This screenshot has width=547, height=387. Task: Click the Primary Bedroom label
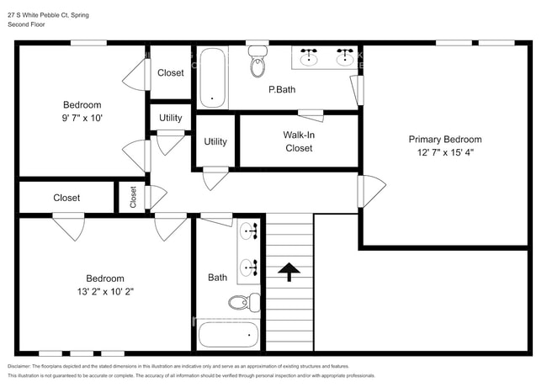click(445, 139)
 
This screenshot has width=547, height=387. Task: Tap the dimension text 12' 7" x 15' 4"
click(445, 153)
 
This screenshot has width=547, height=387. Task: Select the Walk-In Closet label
click(298, 140)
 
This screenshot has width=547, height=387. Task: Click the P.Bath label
click(280, 89)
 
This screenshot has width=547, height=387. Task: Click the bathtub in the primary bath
click(213, 77)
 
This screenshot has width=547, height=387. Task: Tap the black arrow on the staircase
click(289, 271)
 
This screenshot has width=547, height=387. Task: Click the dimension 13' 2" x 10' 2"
click(104, 292)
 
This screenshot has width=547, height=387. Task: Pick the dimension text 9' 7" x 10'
click(82, 119)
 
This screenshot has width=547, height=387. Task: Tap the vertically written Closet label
click(133, 197)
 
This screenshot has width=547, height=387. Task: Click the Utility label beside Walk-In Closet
click(215, 141)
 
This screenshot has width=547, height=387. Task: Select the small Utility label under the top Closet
click(170, 119)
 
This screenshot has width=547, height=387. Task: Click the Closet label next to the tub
click(170, 73)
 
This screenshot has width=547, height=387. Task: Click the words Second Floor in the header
click(27, 24)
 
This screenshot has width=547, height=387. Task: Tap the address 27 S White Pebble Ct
click(42, 14)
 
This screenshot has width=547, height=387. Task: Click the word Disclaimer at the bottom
click(23, 367)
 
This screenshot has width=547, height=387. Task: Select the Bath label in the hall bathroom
click(217, 277)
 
